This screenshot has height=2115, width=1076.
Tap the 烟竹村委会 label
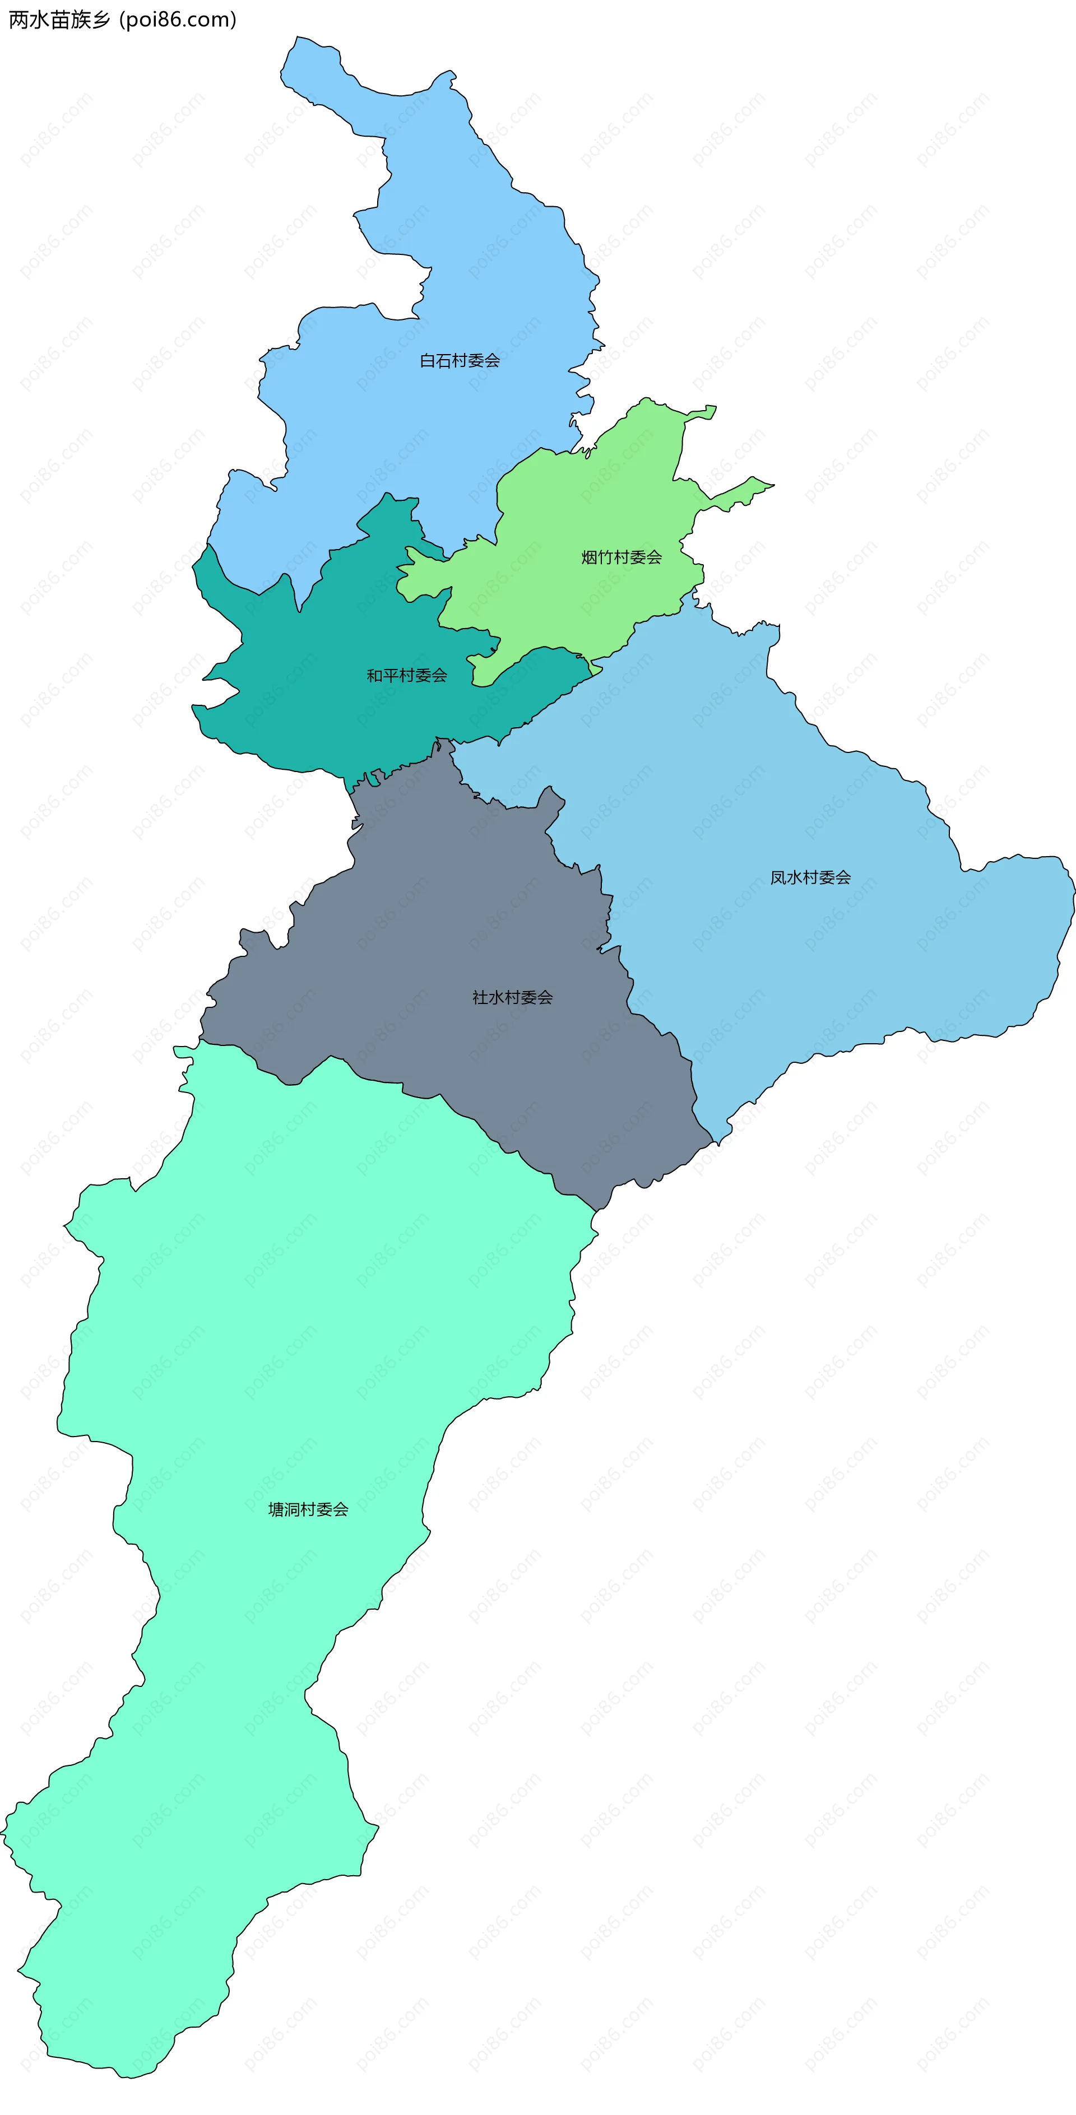621,557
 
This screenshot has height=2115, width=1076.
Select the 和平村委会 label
406,676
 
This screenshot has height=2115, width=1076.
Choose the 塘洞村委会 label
308,1509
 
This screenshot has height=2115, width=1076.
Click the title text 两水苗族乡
59,20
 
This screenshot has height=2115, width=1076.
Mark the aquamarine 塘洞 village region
287,1314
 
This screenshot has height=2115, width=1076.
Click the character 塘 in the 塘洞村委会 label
276,1509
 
